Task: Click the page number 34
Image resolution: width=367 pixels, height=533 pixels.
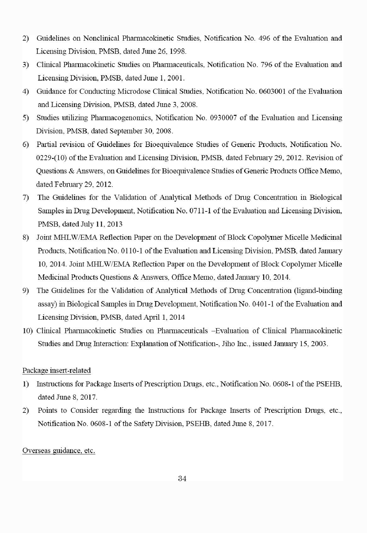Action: click(x=182, y=479)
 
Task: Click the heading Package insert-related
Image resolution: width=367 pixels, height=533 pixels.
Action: click(x=57, y=370)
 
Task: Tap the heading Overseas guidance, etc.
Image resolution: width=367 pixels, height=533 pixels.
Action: click(x=59, y=451)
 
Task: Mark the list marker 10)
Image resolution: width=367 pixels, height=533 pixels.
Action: click(x=28, y=331)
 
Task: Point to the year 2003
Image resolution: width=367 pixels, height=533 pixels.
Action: click(x=319, y=344)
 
